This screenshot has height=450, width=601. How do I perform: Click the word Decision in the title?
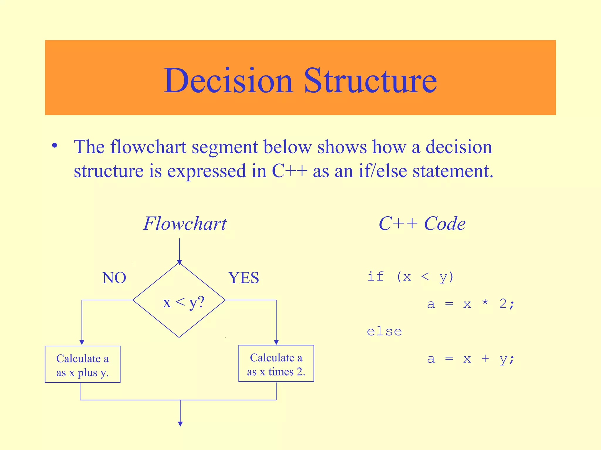(228, 81)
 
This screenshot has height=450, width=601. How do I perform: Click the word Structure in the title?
(370, 81)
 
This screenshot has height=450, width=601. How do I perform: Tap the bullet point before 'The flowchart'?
(55, 146)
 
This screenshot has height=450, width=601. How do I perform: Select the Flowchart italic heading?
(185, 224)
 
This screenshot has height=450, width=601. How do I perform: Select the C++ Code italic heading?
(422, 224)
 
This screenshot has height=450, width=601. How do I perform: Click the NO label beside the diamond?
(114, 278)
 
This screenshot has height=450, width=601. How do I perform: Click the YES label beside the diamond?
(244, 278)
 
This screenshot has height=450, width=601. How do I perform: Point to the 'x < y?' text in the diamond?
(183, 302)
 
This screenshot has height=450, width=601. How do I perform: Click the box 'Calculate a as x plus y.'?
(82, 364)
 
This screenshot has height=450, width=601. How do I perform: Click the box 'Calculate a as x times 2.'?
(276, 364)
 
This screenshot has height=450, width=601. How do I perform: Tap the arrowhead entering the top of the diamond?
(180, 262)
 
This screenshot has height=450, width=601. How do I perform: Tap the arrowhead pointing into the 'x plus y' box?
(82, 342)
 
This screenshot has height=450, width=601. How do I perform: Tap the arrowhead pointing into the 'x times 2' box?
(276, 342)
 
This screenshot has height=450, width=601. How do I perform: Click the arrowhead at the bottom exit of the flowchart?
(180, 424)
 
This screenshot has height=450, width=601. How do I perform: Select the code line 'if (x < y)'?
(410, 277)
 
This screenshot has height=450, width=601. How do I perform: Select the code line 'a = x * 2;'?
(471, 304)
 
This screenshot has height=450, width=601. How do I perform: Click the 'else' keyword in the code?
(384, 332)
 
